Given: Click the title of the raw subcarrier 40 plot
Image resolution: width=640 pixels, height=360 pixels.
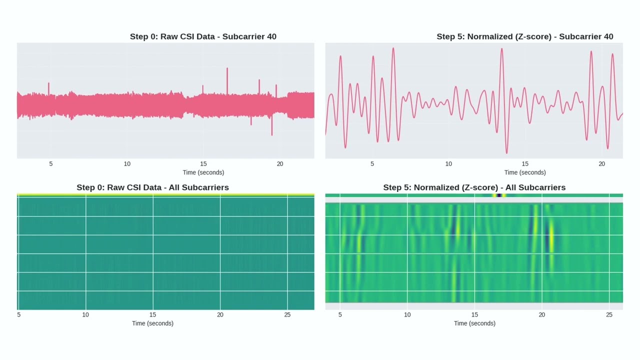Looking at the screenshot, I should coord(203,36).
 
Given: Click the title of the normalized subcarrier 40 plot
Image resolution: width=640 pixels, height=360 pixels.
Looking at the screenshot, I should coord(524,36).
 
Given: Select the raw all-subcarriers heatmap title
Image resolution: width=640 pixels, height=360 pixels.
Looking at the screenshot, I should coord(152,187).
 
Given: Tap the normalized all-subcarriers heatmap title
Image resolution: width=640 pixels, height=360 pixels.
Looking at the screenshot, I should coord(474,187).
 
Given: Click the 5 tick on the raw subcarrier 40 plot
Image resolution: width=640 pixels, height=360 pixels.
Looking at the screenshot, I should coord(51,164).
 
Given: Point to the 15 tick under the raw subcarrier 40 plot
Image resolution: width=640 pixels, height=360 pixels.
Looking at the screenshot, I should coord(203,164).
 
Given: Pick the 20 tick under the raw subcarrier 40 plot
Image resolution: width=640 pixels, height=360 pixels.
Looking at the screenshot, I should coord(280,164).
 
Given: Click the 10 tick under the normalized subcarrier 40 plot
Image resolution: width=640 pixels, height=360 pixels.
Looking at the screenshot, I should coord(448,164).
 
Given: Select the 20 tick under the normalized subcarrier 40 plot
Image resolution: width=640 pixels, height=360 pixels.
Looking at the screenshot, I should coord(601,164).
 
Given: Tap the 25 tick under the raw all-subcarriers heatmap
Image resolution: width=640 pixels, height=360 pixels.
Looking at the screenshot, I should coord(287,315).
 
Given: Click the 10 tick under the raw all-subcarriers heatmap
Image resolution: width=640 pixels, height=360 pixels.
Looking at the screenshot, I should coord(85,315).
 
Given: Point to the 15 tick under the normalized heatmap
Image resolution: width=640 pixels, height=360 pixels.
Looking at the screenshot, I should coord(474,315).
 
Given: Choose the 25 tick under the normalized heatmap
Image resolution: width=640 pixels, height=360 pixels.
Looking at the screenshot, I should coord(609,315).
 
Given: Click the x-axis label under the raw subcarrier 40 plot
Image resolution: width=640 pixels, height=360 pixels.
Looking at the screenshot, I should coord(203,172).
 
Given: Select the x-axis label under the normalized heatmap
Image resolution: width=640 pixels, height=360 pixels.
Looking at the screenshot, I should coord(474,323).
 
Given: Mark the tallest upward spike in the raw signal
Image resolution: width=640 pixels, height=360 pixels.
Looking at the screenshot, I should coord(227,69).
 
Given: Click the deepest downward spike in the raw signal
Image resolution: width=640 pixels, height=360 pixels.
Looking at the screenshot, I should coord(272,134).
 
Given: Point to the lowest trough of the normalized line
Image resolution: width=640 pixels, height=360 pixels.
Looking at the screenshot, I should coord(506,152).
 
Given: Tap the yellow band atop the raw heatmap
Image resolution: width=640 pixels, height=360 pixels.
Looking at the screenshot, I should coord(165,195).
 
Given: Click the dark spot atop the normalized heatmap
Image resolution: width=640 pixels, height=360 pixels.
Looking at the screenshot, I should coord(499,195).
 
